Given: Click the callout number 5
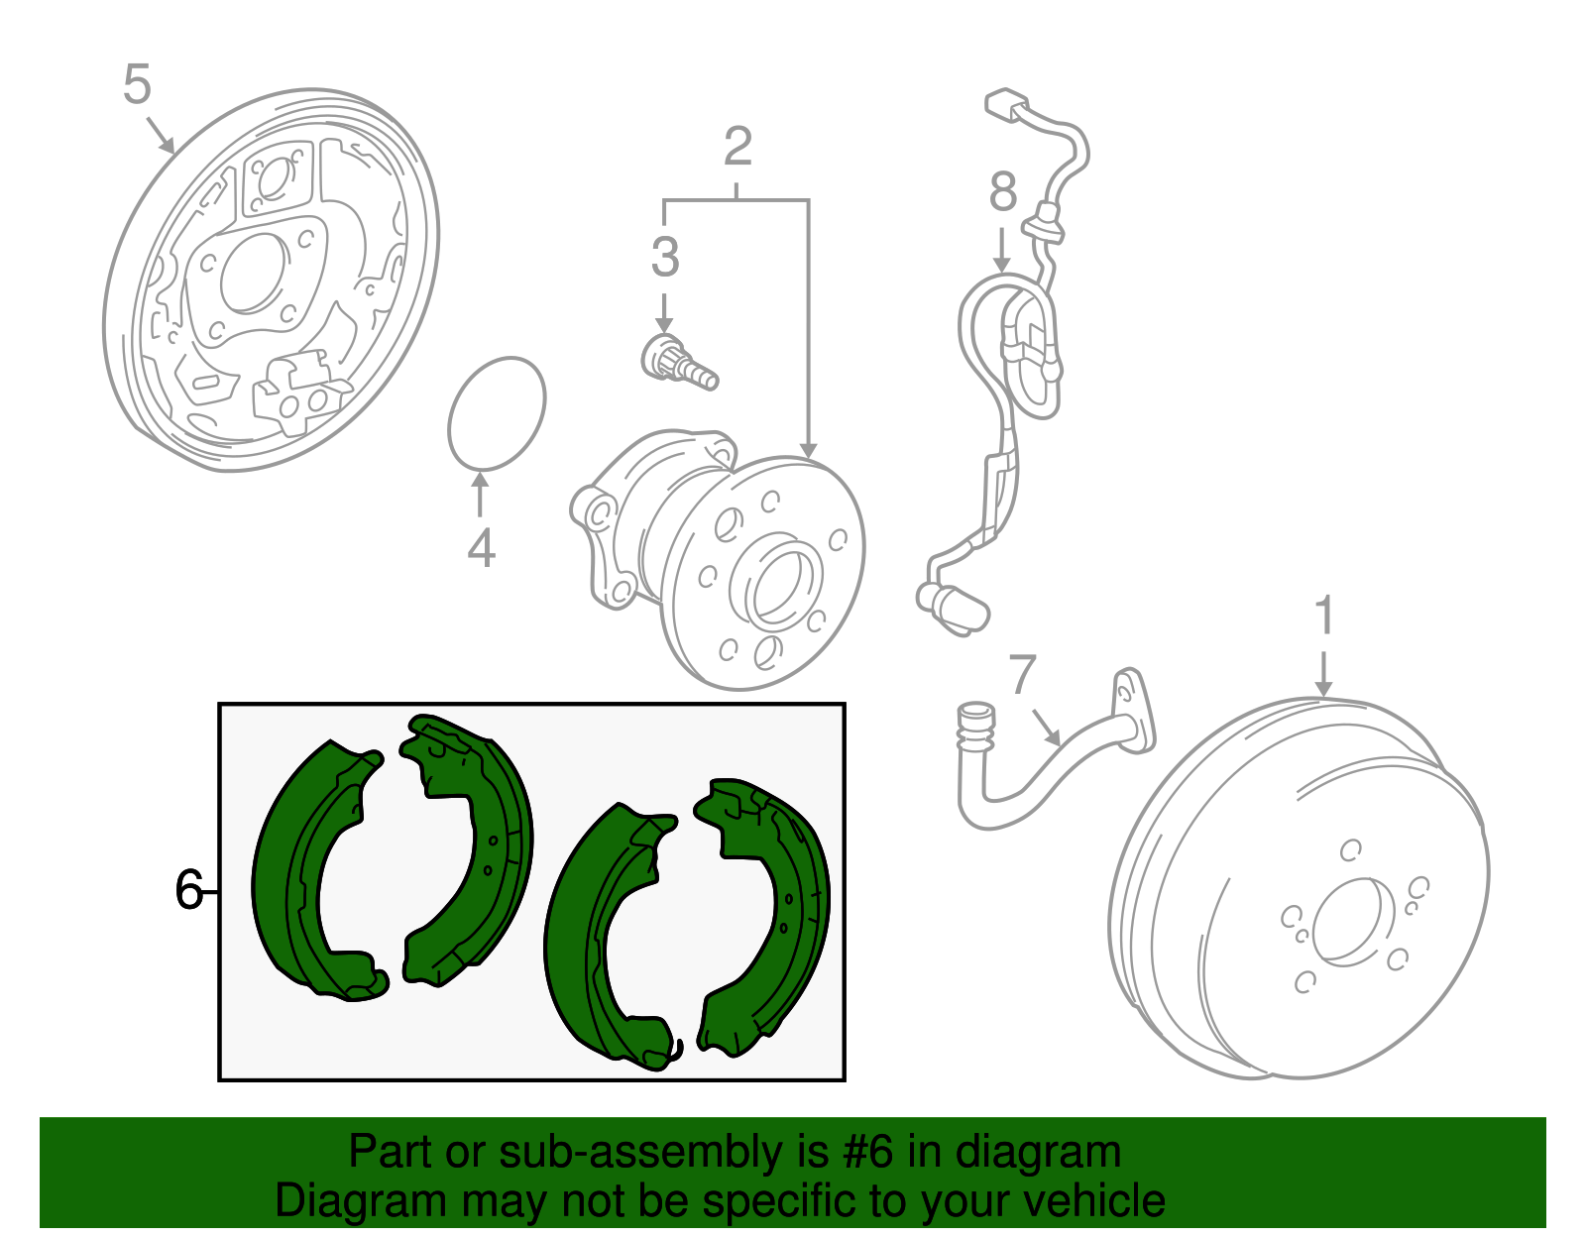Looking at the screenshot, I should tap(137, 84).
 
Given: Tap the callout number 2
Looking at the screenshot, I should tap(737, 147).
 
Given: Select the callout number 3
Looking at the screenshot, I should tap(665, 258).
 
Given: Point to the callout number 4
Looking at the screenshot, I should tap(481, 548).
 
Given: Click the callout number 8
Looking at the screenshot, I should tap(1003, 192).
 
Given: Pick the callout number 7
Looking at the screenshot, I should tap(1023, 675).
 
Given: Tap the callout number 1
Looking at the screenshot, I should tap(1324, 617).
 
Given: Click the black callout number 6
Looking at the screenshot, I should tap(188, 890).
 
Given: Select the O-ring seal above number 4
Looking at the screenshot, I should tap(496, 411).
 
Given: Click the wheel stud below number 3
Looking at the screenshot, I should tap(679, 363).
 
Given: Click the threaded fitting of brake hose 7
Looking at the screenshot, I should tap(975, 729).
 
